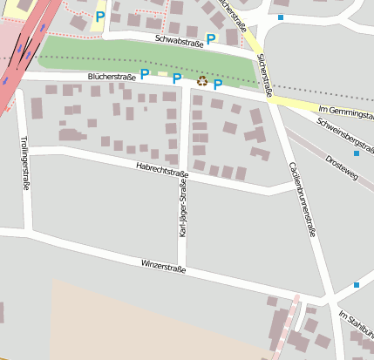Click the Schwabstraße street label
[x=179, y=41]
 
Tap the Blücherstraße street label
[x=112, y=78]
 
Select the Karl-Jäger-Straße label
[x=183, y=214]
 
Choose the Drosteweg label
[x=341, y=161]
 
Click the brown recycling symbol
[x=202, y=80]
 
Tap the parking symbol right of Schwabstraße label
[x=211, y=39]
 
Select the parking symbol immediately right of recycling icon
[x=218, y=85]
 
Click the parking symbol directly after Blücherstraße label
[x=145, y=75]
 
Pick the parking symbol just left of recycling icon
[x=177, y=79]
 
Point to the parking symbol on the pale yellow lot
[x=100, y=17]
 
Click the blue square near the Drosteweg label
[x=357, y=153]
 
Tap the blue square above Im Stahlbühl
[x=357, y=285]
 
